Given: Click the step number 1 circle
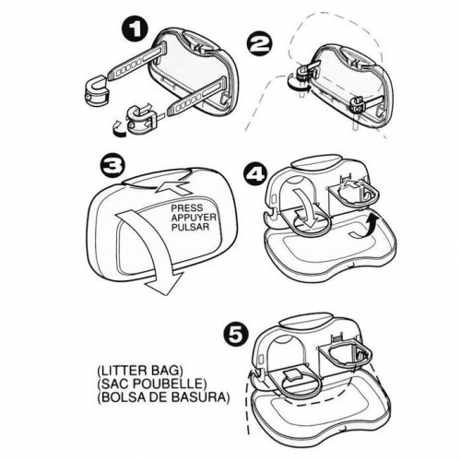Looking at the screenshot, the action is click(135, 31).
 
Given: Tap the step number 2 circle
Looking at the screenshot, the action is click(260, 45).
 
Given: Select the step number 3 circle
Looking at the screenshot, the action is click(112, 168).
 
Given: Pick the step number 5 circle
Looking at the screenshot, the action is click(236, 337).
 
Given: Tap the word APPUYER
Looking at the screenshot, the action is click(194, 218).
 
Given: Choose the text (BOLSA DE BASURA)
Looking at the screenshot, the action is click(163, 397).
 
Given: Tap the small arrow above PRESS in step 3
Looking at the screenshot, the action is click(172, 188).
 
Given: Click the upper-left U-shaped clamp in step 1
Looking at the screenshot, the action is click(96, 89).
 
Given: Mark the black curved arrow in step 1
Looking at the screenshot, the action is click(118, 128).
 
